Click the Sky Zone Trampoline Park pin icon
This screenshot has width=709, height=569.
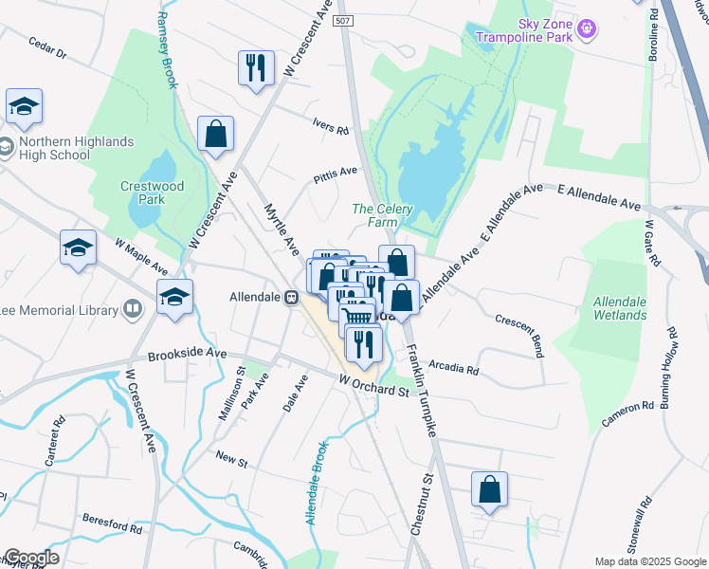[x=588, y=29]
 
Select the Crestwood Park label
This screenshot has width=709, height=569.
[x=152, y=193]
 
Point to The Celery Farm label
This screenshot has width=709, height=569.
[x=374, y=216]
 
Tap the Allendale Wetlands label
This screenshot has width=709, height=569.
[x=619, y=307]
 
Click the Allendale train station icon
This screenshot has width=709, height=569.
[x=293, y=297]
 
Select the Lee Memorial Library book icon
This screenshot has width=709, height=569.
[x=134, y=309]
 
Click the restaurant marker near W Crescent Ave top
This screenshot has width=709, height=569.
[x=255, y=67]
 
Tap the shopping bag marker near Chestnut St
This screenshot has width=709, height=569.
[x=489, y=490]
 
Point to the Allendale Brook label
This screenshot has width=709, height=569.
[x=317, y=483]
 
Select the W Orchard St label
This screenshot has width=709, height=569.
[x=374, y=386]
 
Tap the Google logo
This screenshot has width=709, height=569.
[x=30, y=558]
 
